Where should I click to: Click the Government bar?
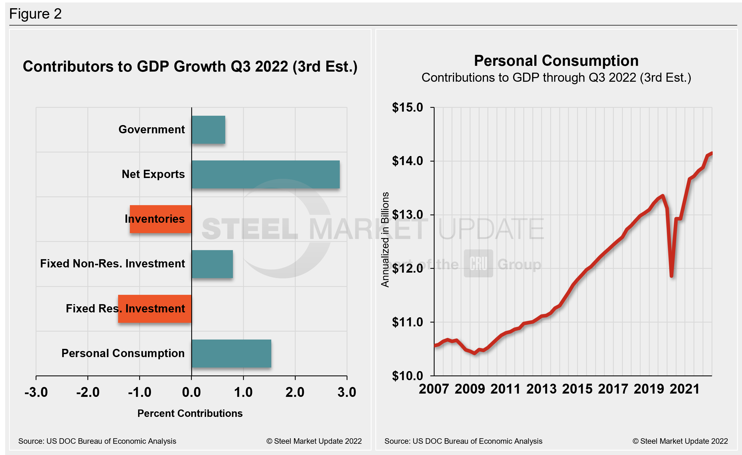pyautogui.click(x=209, y=129)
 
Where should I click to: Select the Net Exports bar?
pyautogui.click(x=266, y=174)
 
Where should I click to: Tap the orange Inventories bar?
pyautogui.click(x=161, y=219)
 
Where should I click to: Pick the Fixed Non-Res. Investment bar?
pyautogui.click(x=212, y=264)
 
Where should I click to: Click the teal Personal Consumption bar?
pyautogui.click(x=231, y=354)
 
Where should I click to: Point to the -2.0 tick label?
pyautogui.click(x=88, y=392)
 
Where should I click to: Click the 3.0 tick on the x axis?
pyautogui.click(x=347, y=392)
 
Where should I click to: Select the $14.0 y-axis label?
pyautogui.click(x=407, y=161)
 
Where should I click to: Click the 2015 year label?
pyautogui.click(x=577, y=389)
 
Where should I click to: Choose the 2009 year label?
pyautogui.click(x=470, y=389)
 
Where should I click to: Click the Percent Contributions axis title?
pyautogui.click(x=190, y=413)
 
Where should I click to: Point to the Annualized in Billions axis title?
pyautogui.click(x=385, y=239)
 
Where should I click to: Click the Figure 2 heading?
pyautogui.click(x=36, y=14)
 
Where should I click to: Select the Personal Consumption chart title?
pyautogui.click(x=556, y=61)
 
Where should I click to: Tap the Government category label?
pyautogui.click(x=152, y=129)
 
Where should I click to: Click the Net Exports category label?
pyautogui.click(x=153, y=174)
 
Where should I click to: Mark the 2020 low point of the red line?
pyautogui.click(x=672, y=275)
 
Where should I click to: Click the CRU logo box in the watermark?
pyautogui.click(x=478, y=263)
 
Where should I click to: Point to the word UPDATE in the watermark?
pyautogui.click(x=491, y=229)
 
